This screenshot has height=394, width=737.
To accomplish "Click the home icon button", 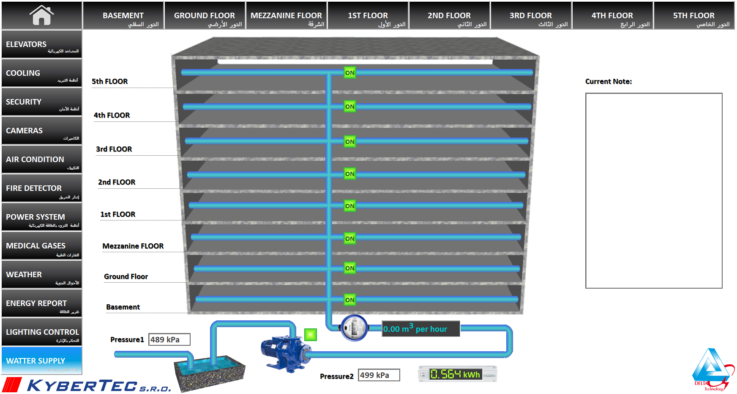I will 41,15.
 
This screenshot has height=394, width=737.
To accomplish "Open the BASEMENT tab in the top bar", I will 123,16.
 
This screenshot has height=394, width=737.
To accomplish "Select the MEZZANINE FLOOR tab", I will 286,16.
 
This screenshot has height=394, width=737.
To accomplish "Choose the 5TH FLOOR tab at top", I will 693,16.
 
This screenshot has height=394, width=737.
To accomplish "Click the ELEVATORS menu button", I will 41,44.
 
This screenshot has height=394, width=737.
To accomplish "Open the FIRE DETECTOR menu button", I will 41,188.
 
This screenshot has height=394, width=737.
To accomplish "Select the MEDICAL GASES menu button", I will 41,245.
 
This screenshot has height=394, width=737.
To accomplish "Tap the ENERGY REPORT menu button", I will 41,303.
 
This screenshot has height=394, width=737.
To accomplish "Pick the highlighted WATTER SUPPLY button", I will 41,361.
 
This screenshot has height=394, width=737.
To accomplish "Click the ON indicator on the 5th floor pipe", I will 349,73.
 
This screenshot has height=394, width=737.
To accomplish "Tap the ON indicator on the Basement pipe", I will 349,300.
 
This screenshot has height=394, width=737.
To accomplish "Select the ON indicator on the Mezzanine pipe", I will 349,239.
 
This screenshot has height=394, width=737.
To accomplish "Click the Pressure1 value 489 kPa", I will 169,339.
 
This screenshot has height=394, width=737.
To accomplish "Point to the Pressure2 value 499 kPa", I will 379,375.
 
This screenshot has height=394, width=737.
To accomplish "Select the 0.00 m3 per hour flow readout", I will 420,329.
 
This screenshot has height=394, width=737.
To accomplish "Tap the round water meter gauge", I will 354,328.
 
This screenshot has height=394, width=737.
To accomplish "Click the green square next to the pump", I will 310,335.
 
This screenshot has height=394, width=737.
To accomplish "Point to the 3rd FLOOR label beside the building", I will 114,149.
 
